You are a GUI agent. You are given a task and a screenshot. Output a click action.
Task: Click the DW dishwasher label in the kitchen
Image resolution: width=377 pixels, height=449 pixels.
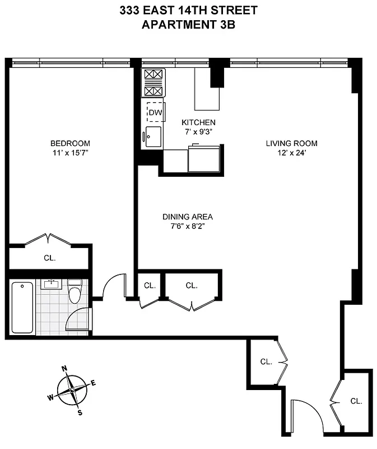point(155,113)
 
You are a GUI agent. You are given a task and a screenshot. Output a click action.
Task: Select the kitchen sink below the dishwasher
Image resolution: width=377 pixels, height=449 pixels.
point(153,136)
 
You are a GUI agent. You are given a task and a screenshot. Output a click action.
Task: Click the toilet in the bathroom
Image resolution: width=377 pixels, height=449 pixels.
point(75,292)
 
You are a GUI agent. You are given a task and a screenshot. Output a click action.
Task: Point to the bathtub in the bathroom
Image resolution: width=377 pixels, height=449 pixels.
point(22,307)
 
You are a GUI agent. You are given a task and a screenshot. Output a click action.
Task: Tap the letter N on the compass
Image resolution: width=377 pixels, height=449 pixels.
point(64,369)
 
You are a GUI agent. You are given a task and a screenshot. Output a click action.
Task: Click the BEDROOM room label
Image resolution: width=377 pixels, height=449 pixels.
point(70,144)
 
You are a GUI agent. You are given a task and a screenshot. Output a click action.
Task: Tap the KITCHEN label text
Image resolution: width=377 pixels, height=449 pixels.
point(198,122)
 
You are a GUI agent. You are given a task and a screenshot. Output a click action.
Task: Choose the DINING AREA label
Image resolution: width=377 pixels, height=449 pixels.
point(188,217)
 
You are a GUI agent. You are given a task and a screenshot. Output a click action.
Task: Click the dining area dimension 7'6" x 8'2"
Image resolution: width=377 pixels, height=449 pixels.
point(188,226)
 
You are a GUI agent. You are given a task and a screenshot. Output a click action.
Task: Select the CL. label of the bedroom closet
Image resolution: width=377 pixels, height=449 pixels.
point(49,259)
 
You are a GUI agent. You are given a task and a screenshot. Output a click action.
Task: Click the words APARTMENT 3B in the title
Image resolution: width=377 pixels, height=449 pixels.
point(189,24)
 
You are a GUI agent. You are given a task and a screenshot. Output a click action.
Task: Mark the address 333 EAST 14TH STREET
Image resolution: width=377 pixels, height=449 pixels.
point(189,10)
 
